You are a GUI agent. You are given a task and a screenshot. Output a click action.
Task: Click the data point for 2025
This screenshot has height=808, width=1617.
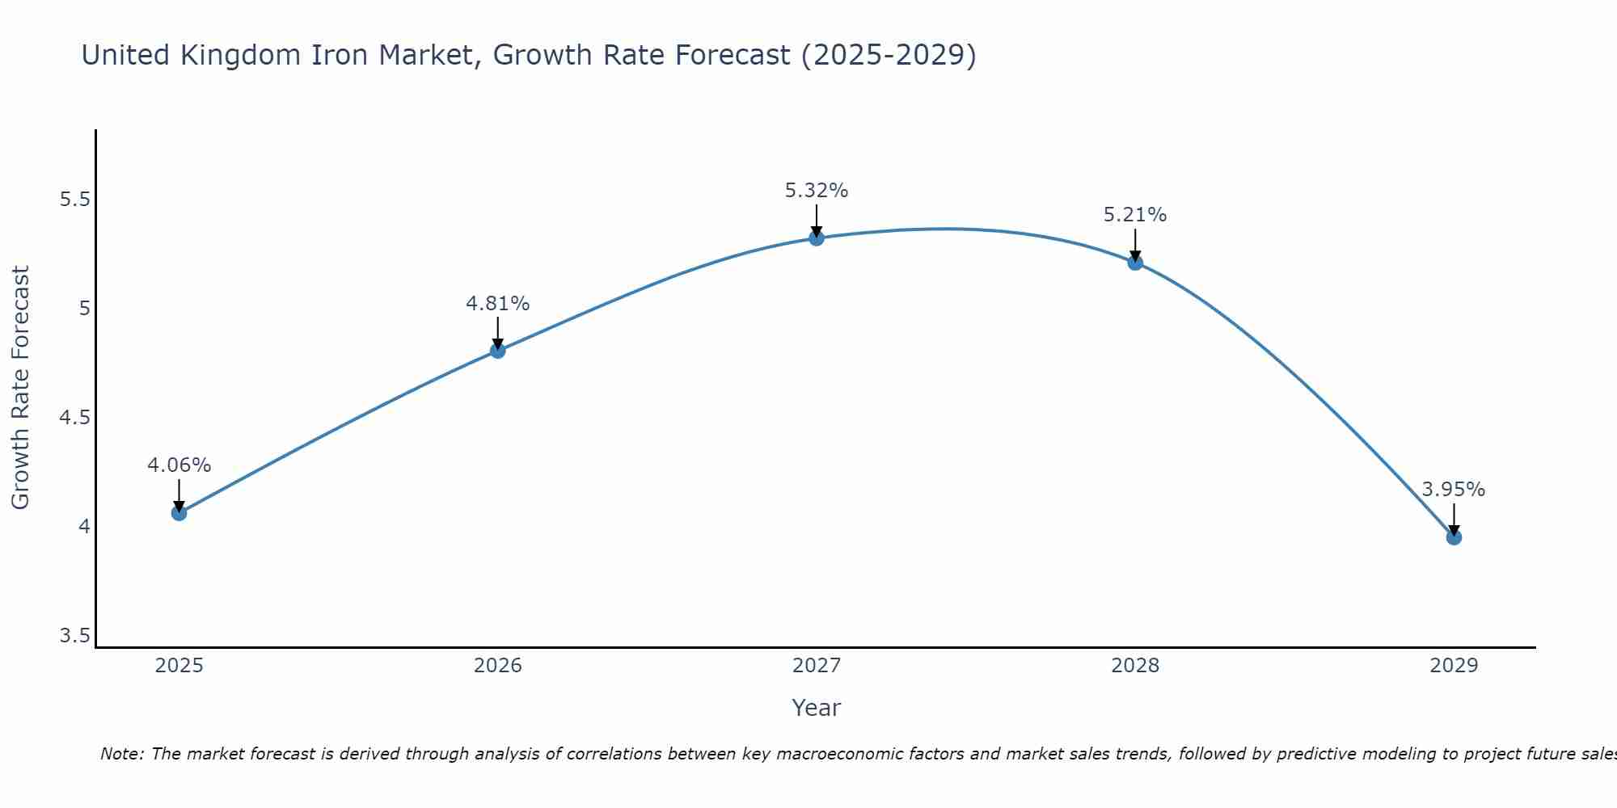[179, 513]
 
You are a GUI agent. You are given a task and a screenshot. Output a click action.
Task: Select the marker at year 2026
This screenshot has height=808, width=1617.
[497, 351]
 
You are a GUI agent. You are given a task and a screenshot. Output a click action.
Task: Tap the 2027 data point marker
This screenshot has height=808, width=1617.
[816, 238]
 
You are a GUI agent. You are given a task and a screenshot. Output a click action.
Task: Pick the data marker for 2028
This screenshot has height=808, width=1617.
[1135, 262]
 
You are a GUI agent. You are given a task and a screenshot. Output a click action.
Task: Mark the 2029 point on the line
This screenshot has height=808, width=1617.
[1454, 537]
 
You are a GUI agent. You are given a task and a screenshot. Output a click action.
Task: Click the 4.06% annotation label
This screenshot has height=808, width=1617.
[179, 465]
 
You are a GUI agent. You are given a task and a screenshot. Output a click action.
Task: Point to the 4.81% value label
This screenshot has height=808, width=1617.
[497, 304]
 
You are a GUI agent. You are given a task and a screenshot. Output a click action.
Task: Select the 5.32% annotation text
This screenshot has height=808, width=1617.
[816, 191]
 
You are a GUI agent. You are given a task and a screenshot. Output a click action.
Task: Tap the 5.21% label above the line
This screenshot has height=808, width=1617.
[1135, 215]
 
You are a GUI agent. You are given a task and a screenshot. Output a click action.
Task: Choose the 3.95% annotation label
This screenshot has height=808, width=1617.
[1454, 490]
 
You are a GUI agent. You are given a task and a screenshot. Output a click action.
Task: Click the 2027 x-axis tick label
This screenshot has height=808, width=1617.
[816, 666]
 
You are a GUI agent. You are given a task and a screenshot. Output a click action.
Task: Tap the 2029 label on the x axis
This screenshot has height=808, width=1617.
[1454, 666]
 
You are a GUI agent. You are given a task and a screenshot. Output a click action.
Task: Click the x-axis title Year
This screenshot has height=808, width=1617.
[816, 708]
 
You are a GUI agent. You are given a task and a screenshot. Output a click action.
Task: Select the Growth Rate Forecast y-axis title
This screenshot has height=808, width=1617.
[21, 388]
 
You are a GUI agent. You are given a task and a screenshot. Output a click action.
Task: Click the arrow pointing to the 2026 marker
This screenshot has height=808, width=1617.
[497, 332]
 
